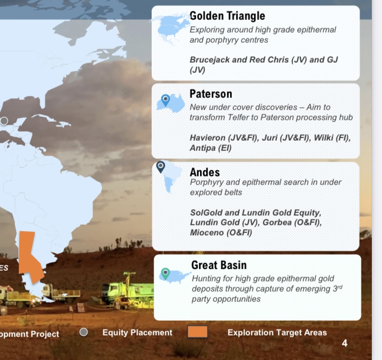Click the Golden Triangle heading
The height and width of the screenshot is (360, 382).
(x=227, y=16)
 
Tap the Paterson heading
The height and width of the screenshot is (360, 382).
(x=211, y=94)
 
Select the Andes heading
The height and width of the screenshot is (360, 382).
(x=205, y=172)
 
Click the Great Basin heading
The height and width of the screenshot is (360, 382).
(x=219, y=265)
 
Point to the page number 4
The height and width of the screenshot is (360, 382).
(x=344, y=343)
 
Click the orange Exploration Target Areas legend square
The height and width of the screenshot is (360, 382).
(x=198, y=332)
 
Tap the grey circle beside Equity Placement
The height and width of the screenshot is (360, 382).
(x=84, y=332)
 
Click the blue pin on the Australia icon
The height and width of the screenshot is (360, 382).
(x=166, y=100)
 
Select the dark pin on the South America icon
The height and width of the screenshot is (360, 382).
(x=160, y=167)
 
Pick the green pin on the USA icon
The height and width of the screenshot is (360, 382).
(x=166, y=274)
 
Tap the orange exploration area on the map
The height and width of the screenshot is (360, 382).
(x=30, y=256)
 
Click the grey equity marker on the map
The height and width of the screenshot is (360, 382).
(x=4, y=121)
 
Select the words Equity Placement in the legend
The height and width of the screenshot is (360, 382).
(x=138, y=332)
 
